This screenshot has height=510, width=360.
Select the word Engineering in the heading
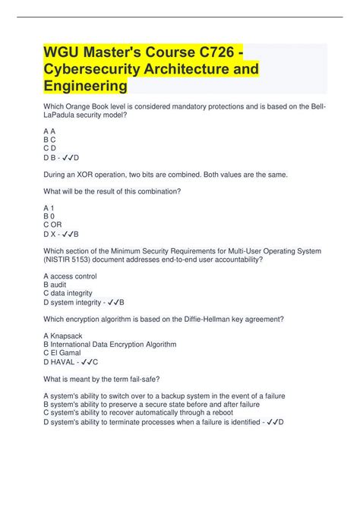(85, 86)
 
